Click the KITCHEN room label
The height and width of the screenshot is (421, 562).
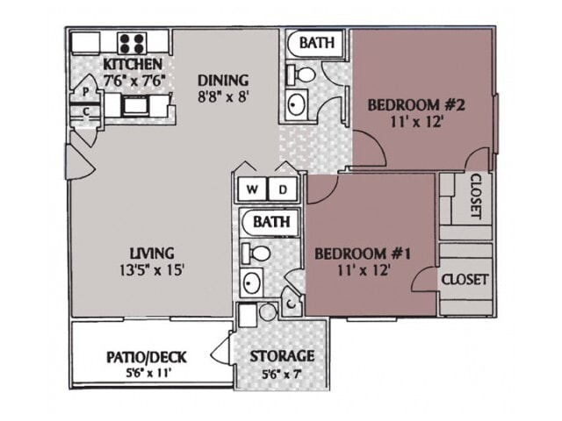(x=133, y=65)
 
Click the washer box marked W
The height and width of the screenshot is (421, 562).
(x=252, y=189)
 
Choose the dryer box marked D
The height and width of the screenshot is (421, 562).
(x=284, y=189)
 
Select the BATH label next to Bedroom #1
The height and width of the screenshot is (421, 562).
(x=271, y=222)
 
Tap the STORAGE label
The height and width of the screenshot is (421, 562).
(x=282, y=356)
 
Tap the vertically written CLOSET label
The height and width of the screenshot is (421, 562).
(x=475, y=196)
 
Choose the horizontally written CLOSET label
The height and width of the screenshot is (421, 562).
(x=465, y=279)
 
